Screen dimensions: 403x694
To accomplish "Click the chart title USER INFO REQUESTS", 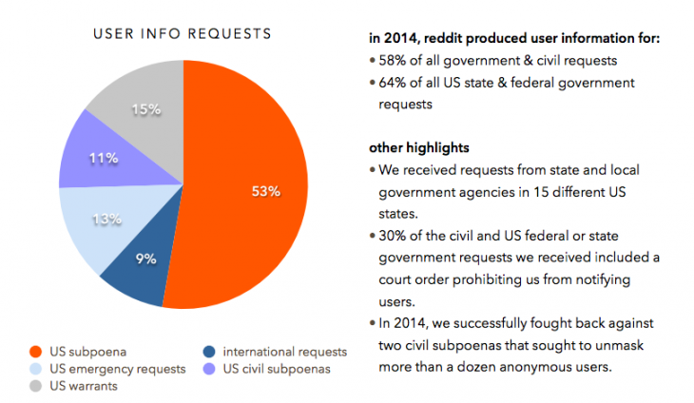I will pyautogui.click(x=183, y=33).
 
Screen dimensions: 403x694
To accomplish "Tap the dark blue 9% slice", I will pyautogui.click(x=143, y=271).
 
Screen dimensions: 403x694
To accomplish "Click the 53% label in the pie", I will pyautogui.click(x=264, y=191).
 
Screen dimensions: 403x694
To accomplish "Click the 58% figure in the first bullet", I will pyautogui.click(x=393, y=61).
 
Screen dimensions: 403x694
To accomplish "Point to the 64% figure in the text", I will pyautogui.click(x=393, y=83).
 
